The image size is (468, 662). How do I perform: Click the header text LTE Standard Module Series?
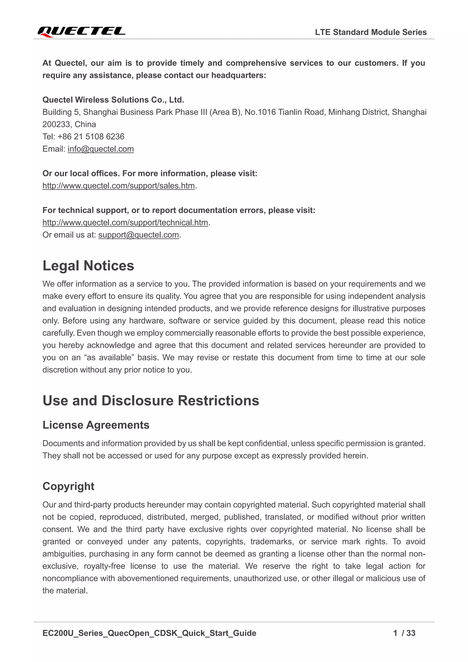click(371, 32)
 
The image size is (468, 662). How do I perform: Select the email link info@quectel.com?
click(101, 149)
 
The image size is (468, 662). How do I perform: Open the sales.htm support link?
click(118, 186)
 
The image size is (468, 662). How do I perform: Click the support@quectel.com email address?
click(139, 235)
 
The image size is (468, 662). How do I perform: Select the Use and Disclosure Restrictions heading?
click(151, 400)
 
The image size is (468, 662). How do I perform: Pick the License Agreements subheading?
click(96, 425)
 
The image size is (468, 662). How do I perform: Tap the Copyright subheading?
click(68, 486)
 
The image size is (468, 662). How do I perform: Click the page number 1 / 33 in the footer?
click(404, 633)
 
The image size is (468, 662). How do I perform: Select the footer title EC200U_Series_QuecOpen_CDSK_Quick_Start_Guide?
click(149, 633)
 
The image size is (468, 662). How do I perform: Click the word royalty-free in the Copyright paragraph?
click(104, 566)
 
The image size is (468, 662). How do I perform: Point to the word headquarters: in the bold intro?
click(239, 75)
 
